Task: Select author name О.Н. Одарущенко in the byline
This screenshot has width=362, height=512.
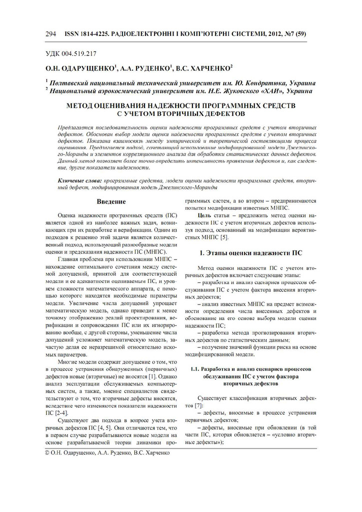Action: click(79, 67)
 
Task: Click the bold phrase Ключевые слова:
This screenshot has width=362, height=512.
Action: click(80, 179)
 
